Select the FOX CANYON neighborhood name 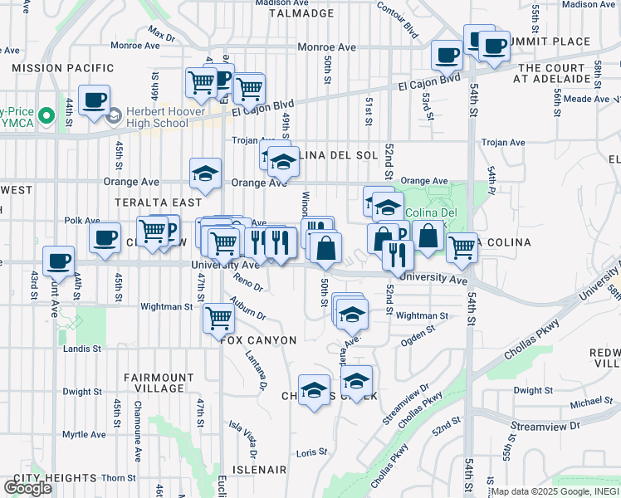tap(258, 340)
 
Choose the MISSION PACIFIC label tap(63, 67)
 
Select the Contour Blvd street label tap(397, 18)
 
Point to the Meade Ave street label tap(586, 99)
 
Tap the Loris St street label tap(312, 452)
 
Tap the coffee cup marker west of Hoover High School tap(93, 100)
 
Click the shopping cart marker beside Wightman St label tap(218, 316)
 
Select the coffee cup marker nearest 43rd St tap(58, 261)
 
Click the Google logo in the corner tap(27, 488)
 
